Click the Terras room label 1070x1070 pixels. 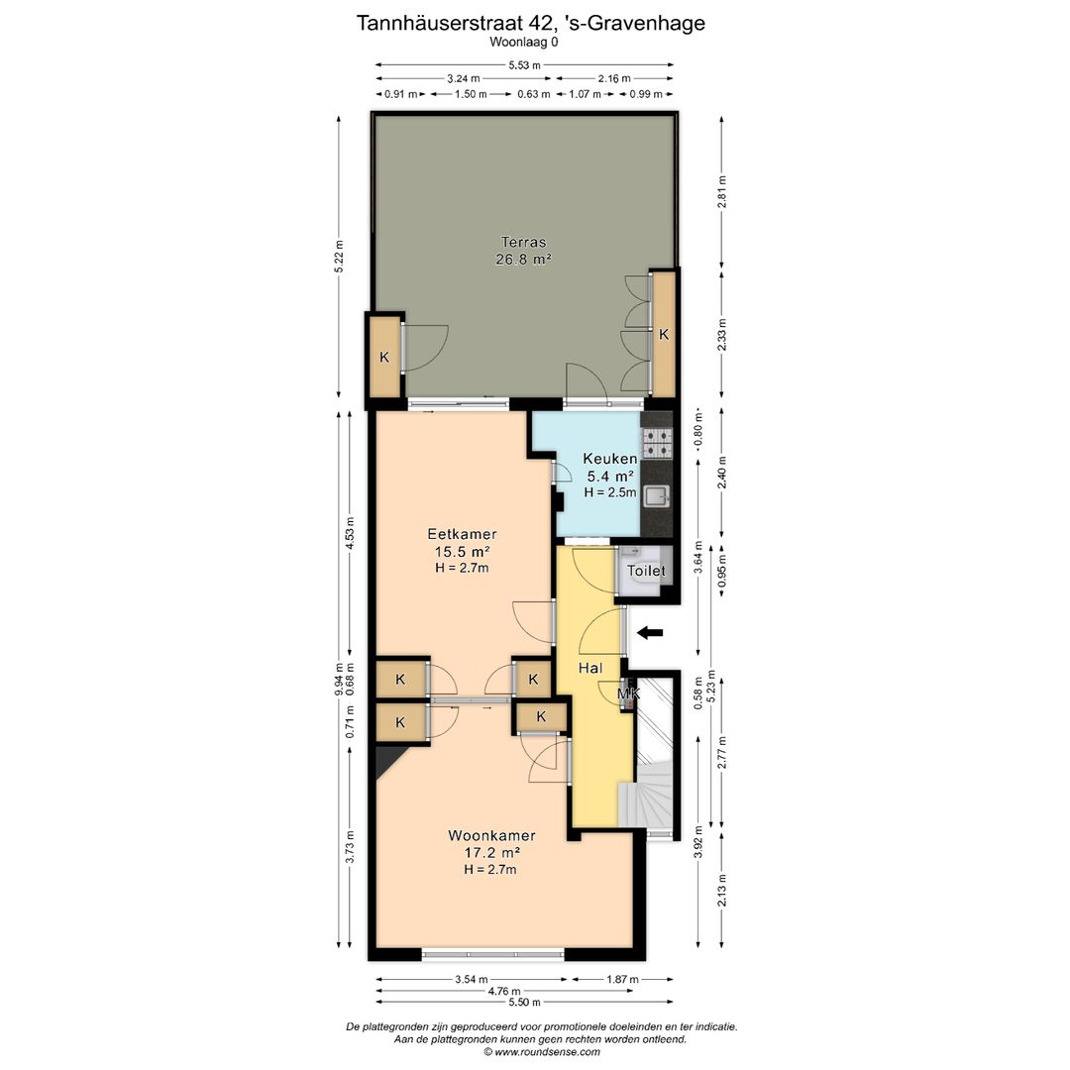click(x=523, y=242)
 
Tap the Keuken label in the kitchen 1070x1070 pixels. click(x=609, y=459)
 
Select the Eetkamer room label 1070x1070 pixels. click(x=463, y=534)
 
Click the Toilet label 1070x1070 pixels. click(x=646, y=572)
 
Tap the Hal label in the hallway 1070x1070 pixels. click(x=591, y=669)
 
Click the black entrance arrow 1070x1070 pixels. click(x=649, y=632)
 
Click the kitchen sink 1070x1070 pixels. click(x=656, y=496)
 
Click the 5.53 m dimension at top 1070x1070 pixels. click(x=524, y=65)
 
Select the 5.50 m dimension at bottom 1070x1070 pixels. click(x=524, y=1004)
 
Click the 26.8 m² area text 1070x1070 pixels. click(x=523, y=260)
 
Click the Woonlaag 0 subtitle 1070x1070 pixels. click(x=524, y=43)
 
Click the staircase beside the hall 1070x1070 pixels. click(x=649, y=793)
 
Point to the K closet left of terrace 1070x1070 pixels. click(x=384, y=356)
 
